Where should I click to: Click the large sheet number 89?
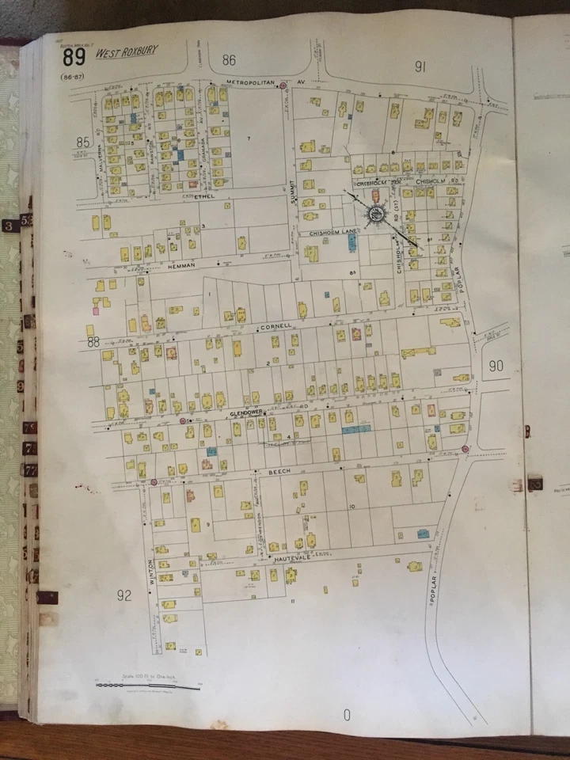click(74, 57)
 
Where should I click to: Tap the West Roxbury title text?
click(127, 53)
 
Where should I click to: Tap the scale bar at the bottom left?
click(147, 685)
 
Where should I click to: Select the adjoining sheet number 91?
click(420, 67)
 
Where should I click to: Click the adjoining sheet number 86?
click(230, 60)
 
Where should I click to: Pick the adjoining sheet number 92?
click(124, 595)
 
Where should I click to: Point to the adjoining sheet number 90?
click(496, 365)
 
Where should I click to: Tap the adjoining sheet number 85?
click(83, 142)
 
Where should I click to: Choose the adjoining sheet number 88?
click(93, 342)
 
